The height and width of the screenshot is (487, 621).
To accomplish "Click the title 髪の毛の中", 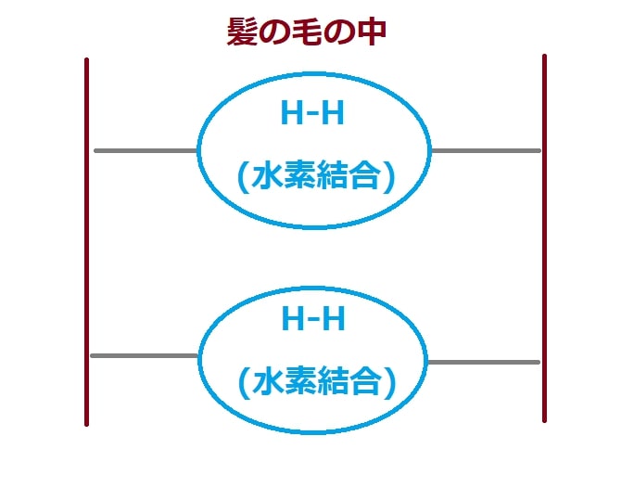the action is coord(306,32).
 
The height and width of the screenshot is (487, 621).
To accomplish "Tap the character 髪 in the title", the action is coord(242,32).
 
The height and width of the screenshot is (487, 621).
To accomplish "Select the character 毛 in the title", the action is coord(307,32).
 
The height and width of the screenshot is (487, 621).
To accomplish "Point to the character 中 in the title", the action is coord(372,32).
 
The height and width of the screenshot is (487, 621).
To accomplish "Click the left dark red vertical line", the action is coord(87,242).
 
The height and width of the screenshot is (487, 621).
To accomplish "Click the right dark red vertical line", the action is coord(545,238).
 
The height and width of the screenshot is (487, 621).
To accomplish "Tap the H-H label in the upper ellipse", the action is coord(312,113).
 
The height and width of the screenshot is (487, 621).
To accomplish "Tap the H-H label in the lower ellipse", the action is coord(313,318).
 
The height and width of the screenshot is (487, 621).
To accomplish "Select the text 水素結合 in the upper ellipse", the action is coord(316,174).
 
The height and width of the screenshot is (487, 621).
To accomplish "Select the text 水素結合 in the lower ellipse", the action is coord(316,380).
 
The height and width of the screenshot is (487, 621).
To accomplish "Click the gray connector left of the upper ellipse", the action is coord(146,150).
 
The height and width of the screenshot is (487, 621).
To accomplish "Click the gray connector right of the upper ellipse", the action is coord(486,150).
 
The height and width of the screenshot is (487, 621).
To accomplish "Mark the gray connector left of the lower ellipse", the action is coord(145,356).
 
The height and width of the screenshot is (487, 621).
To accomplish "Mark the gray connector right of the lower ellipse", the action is coord(484,362).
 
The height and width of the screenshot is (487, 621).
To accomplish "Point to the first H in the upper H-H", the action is coord(291,113).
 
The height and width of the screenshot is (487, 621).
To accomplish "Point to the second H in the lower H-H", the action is coord(334,318).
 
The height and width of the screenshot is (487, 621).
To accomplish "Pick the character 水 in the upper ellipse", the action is coord(267,174).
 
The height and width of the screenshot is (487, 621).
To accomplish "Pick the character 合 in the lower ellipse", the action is coord(366,380).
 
